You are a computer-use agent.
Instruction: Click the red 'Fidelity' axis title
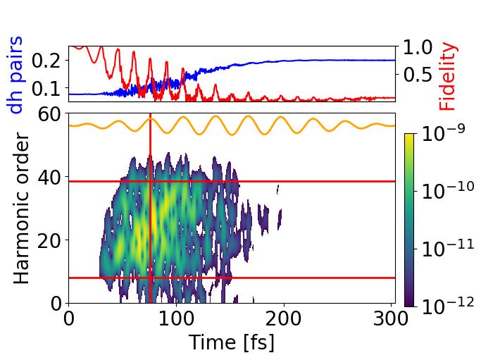[448, 76]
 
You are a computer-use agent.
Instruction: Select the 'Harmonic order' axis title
[23, 209]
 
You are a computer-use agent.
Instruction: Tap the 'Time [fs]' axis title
[231, 342]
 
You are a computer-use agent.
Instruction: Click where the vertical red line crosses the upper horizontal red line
[150, 181]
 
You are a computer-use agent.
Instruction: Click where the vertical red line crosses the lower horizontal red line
[150, 278]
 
